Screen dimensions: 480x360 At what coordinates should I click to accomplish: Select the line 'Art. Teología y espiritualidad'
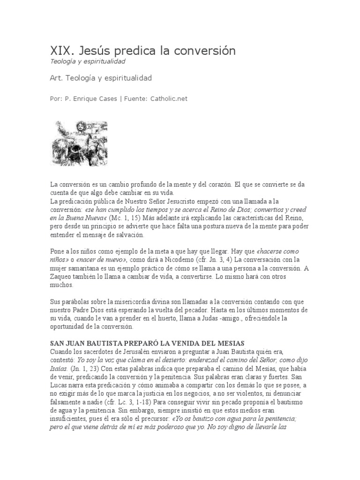100,78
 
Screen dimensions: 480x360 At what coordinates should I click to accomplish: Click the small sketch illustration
79,143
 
